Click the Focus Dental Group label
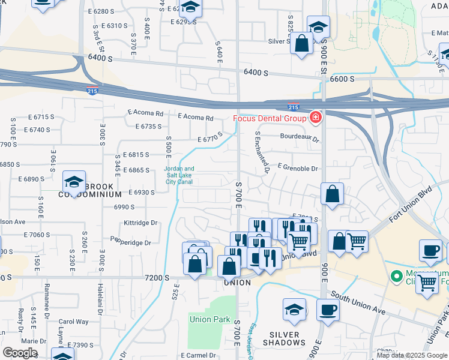coord(270,117)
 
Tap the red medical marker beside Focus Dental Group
coord(315,117)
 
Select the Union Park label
coord(209,319)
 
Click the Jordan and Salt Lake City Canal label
coord(179,175)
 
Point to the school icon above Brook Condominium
coord(74,182)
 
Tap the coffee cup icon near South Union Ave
coord(328,310)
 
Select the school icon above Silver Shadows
coord(294,310)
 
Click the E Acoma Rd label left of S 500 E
coord(145,112)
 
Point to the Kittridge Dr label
coord(140,222)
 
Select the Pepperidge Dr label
coord(130,242)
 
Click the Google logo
coord(20,353)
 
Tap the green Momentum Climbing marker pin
coord(396,277)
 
